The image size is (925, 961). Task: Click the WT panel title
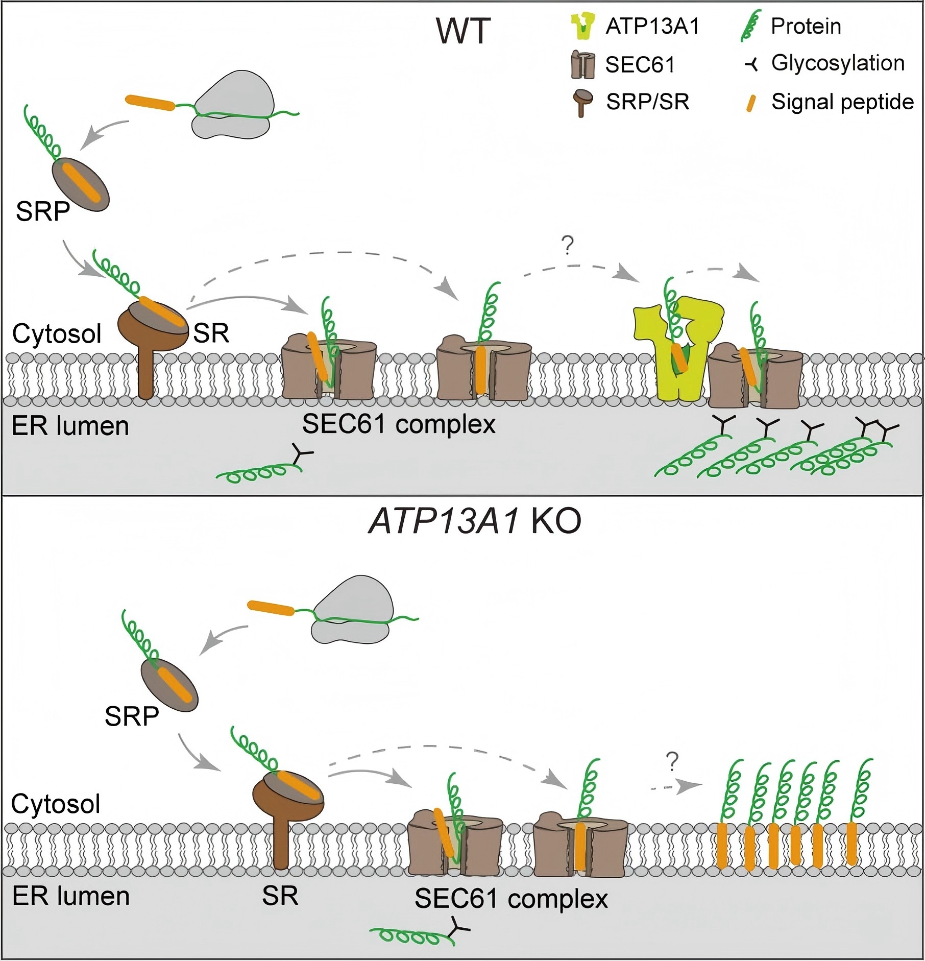pyautogui.click(x=463, y=32)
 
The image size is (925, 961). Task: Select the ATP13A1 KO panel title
pyautogui.click(x=475, y=522)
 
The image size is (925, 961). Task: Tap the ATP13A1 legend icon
pyautogui.click(x=583, y=27)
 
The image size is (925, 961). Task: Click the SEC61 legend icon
pyautogui.click(x=583, y=64)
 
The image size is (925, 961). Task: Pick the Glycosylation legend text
pyautogui.click(x=838, y=63)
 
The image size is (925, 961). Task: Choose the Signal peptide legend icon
pyautogui.click(x=751, y=102)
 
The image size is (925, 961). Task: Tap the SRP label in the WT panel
pyautogui.click(x=43, y=210)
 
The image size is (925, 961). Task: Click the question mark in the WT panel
pyautogui.click(x=567, y=246)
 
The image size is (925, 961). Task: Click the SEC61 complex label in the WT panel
pyautogui.click(x=399, y=424)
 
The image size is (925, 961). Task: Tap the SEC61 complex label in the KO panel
pyautogui.click(x=511, y=899)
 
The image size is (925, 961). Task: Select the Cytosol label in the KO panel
pyautogui.click(x=56, y=804)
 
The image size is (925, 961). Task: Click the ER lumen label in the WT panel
pyautogui.click(x=70, y=426)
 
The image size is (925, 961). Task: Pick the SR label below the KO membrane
pyautogui.click(x=280, y=896)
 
